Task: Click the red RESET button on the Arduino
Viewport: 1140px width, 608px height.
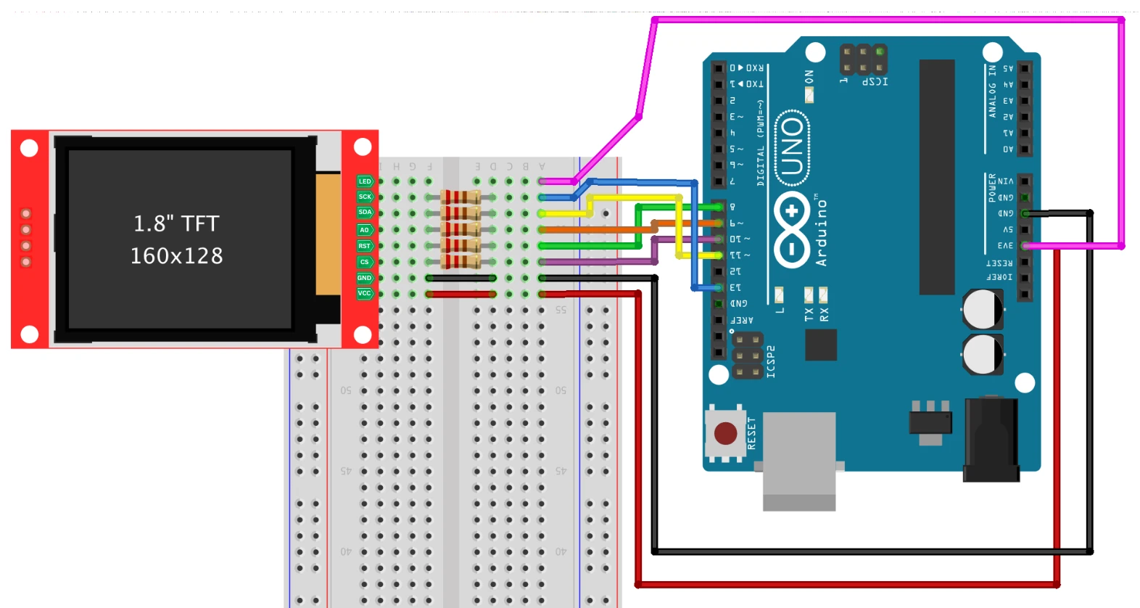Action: [725, 433]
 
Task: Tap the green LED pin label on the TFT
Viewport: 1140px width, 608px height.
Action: [365, 181]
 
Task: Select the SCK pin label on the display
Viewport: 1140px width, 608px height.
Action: [365, 197]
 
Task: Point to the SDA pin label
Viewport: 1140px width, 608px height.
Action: [365, 213]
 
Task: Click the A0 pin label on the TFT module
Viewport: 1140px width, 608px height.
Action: [365, 230]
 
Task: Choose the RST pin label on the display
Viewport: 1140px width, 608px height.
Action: [365, 246]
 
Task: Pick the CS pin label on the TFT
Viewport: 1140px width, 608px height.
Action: [365, 262]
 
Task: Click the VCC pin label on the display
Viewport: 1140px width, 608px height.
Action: [365, 294]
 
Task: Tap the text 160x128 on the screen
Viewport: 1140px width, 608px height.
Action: [176, 256]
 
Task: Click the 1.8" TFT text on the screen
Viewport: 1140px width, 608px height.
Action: [176, 223]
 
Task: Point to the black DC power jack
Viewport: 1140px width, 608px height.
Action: [991, 439]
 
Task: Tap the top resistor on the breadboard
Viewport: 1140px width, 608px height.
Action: [460, 197]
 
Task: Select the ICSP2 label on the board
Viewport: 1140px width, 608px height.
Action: [771, 361]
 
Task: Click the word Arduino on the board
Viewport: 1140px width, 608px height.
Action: [821, 232]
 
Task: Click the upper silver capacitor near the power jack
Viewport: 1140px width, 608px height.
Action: [983, 310]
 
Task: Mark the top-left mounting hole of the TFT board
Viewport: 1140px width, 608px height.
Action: [29, 148]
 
